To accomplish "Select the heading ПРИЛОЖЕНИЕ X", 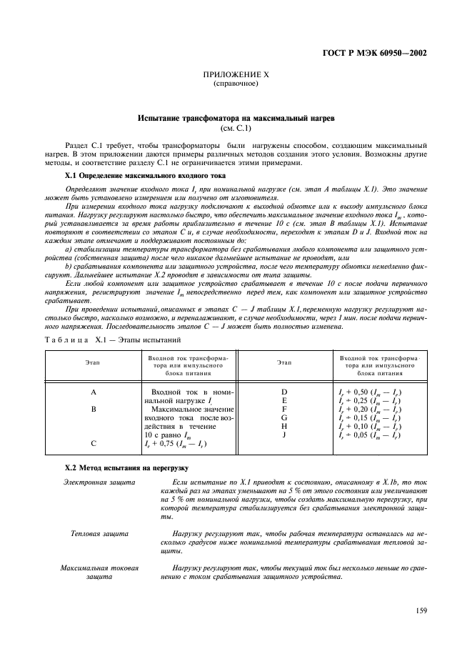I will (x=236, y=74).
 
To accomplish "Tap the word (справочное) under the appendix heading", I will (x=236, y=84).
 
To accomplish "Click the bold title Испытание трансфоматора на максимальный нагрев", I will (x=236, y=117).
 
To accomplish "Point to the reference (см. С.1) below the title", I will (x=236, y=128).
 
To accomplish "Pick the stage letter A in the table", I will (x=93, y=392).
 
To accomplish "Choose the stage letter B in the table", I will (x=93, y=410).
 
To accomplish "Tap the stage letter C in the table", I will (x=93, y=444).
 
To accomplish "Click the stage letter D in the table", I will (x=284, y=392).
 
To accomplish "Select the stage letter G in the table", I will (x=284, y=418).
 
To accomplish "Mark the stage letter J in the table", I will (x=284, y=435).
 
